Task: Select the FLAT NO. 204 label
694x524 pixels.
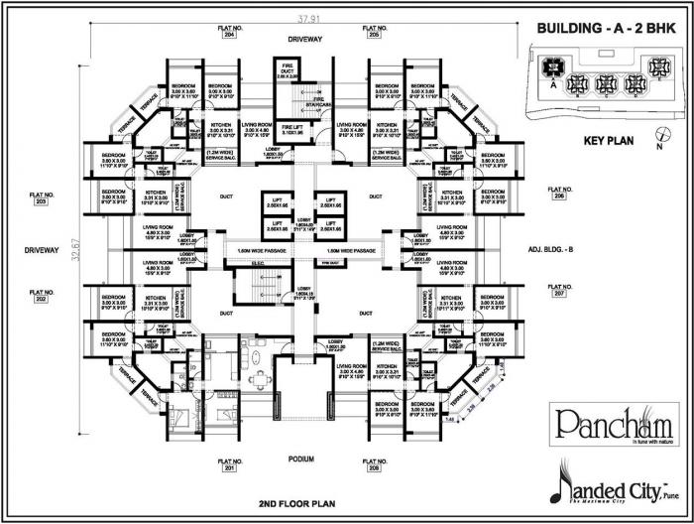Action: (229, 31)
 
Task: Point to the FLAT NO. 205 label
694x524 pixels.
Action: (374, 31)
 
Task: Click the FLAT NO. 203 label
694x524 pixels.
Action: (41, 196)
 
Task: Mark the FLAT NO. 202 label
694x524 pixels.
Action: (41, 294)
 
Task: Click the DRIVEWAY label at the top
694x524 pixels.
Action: (305, 39)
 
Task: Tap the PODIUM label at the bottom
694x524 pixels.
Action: (301, 459)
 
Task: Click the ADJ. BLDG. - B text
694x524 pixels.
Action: (558, 251)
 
